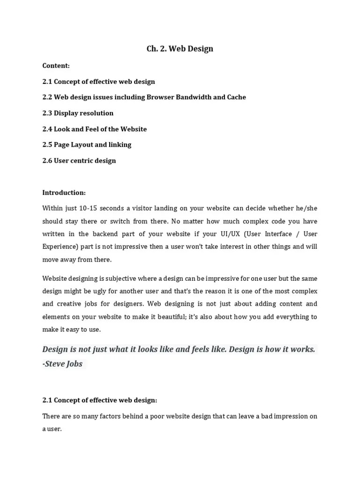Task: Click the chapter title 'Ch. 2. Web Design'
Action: [180, 49]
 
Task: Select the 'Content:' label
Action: [56, 66]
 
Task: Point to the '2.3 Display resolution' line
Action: [78, 113]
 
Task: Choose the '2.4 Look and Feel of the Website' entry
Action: [94, 129]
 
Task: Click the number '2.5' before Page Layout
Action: [47, 144]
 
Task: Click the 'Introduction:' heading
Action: [64, 192]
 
